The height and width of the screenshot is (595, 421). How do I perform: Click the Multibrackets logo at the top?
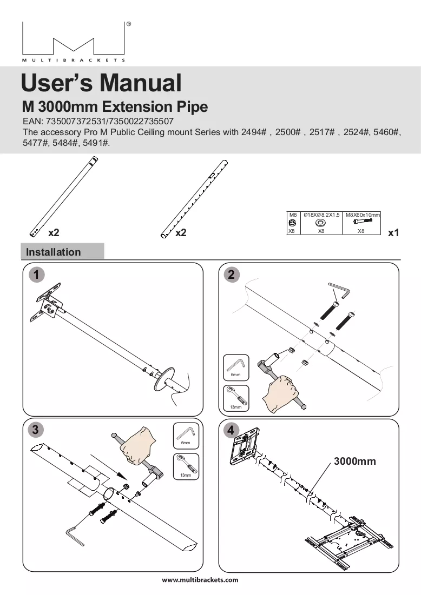[74, 42]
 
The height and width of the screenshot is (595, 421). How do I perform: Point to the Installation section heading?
[53, 252]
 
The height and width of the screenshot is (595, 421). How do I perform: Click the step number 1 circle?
[36, 275]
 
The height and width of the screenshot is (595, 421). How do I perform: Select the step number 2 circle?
[231, 275]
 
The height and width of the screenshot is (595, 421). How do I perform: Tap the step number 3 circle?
[35, 430]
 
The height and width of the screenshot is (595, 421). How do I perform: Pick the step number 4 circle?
[231, 430]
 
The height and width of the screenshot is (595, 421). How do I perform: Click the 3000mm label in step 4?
[355, 461]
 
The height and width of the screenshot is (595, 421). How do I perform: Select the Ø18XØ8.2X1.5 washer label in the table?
[321, 215]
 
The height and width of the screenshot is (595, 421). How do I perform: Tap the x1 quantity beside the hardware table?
[393, 232]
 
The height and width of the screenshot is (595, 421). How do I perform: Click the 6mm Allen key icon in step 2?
[236, 367]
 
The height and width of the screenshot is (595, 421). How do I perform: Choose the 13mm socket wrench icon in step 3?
[186, 466]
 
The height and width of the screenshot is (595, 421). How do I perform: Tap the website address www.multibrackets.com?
[200, 579]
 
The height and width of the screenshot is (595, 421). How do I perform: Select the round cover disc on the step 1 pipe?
[164, 378]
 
